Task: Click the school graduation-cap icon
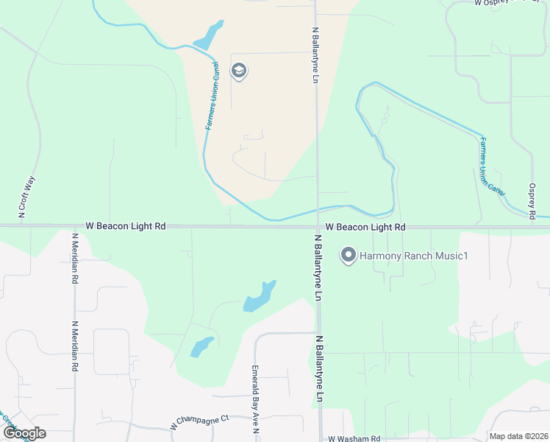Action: click(x=238, y=71)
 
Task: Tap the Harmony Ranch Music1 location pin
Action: click(x=349, y=256)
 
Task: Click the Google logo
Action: click(x=24, y=433)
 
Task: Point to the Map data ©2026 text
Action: click(x=519, y=436)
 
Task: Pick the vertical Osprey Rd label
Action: click(x=532, y=201)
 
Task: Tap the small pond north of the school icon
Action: click(x=208, y=35)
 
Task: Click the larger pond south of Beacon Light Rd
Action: click(x=260, y=296)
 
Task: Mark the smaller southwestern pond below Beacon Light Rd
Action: click(x=201, y=345)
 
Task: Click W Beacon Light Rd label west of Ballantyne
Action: click(x=126, y=226)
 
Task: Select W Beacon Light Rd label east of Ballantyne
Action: click(x=365, y=227)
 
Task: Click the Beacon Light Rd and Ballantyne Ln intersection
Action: click(x=318, y=227)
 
